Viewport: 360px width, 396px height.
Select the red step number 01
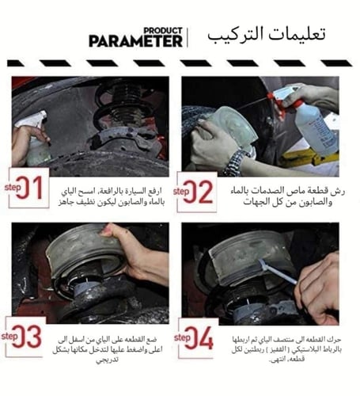click(28, 189)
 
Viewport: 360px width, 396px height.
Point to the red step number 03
click(29, 336)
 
